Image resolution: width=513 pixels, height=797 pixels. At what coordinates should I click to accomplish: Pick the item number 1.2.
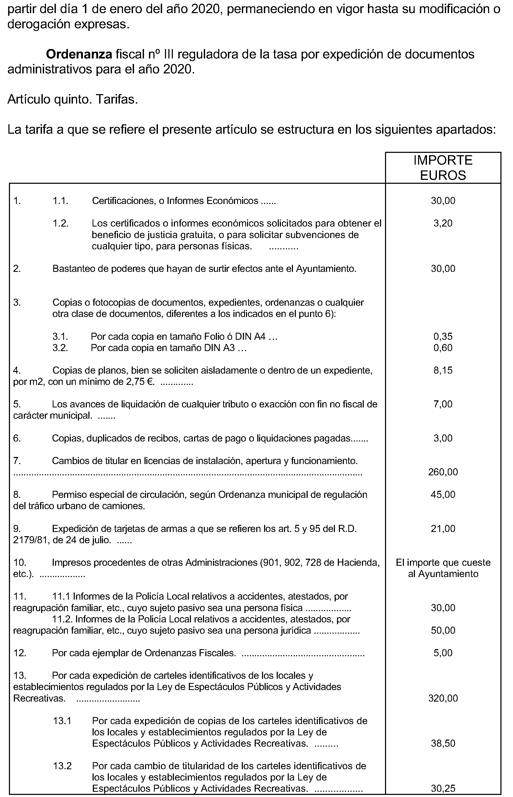[61, 223]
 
